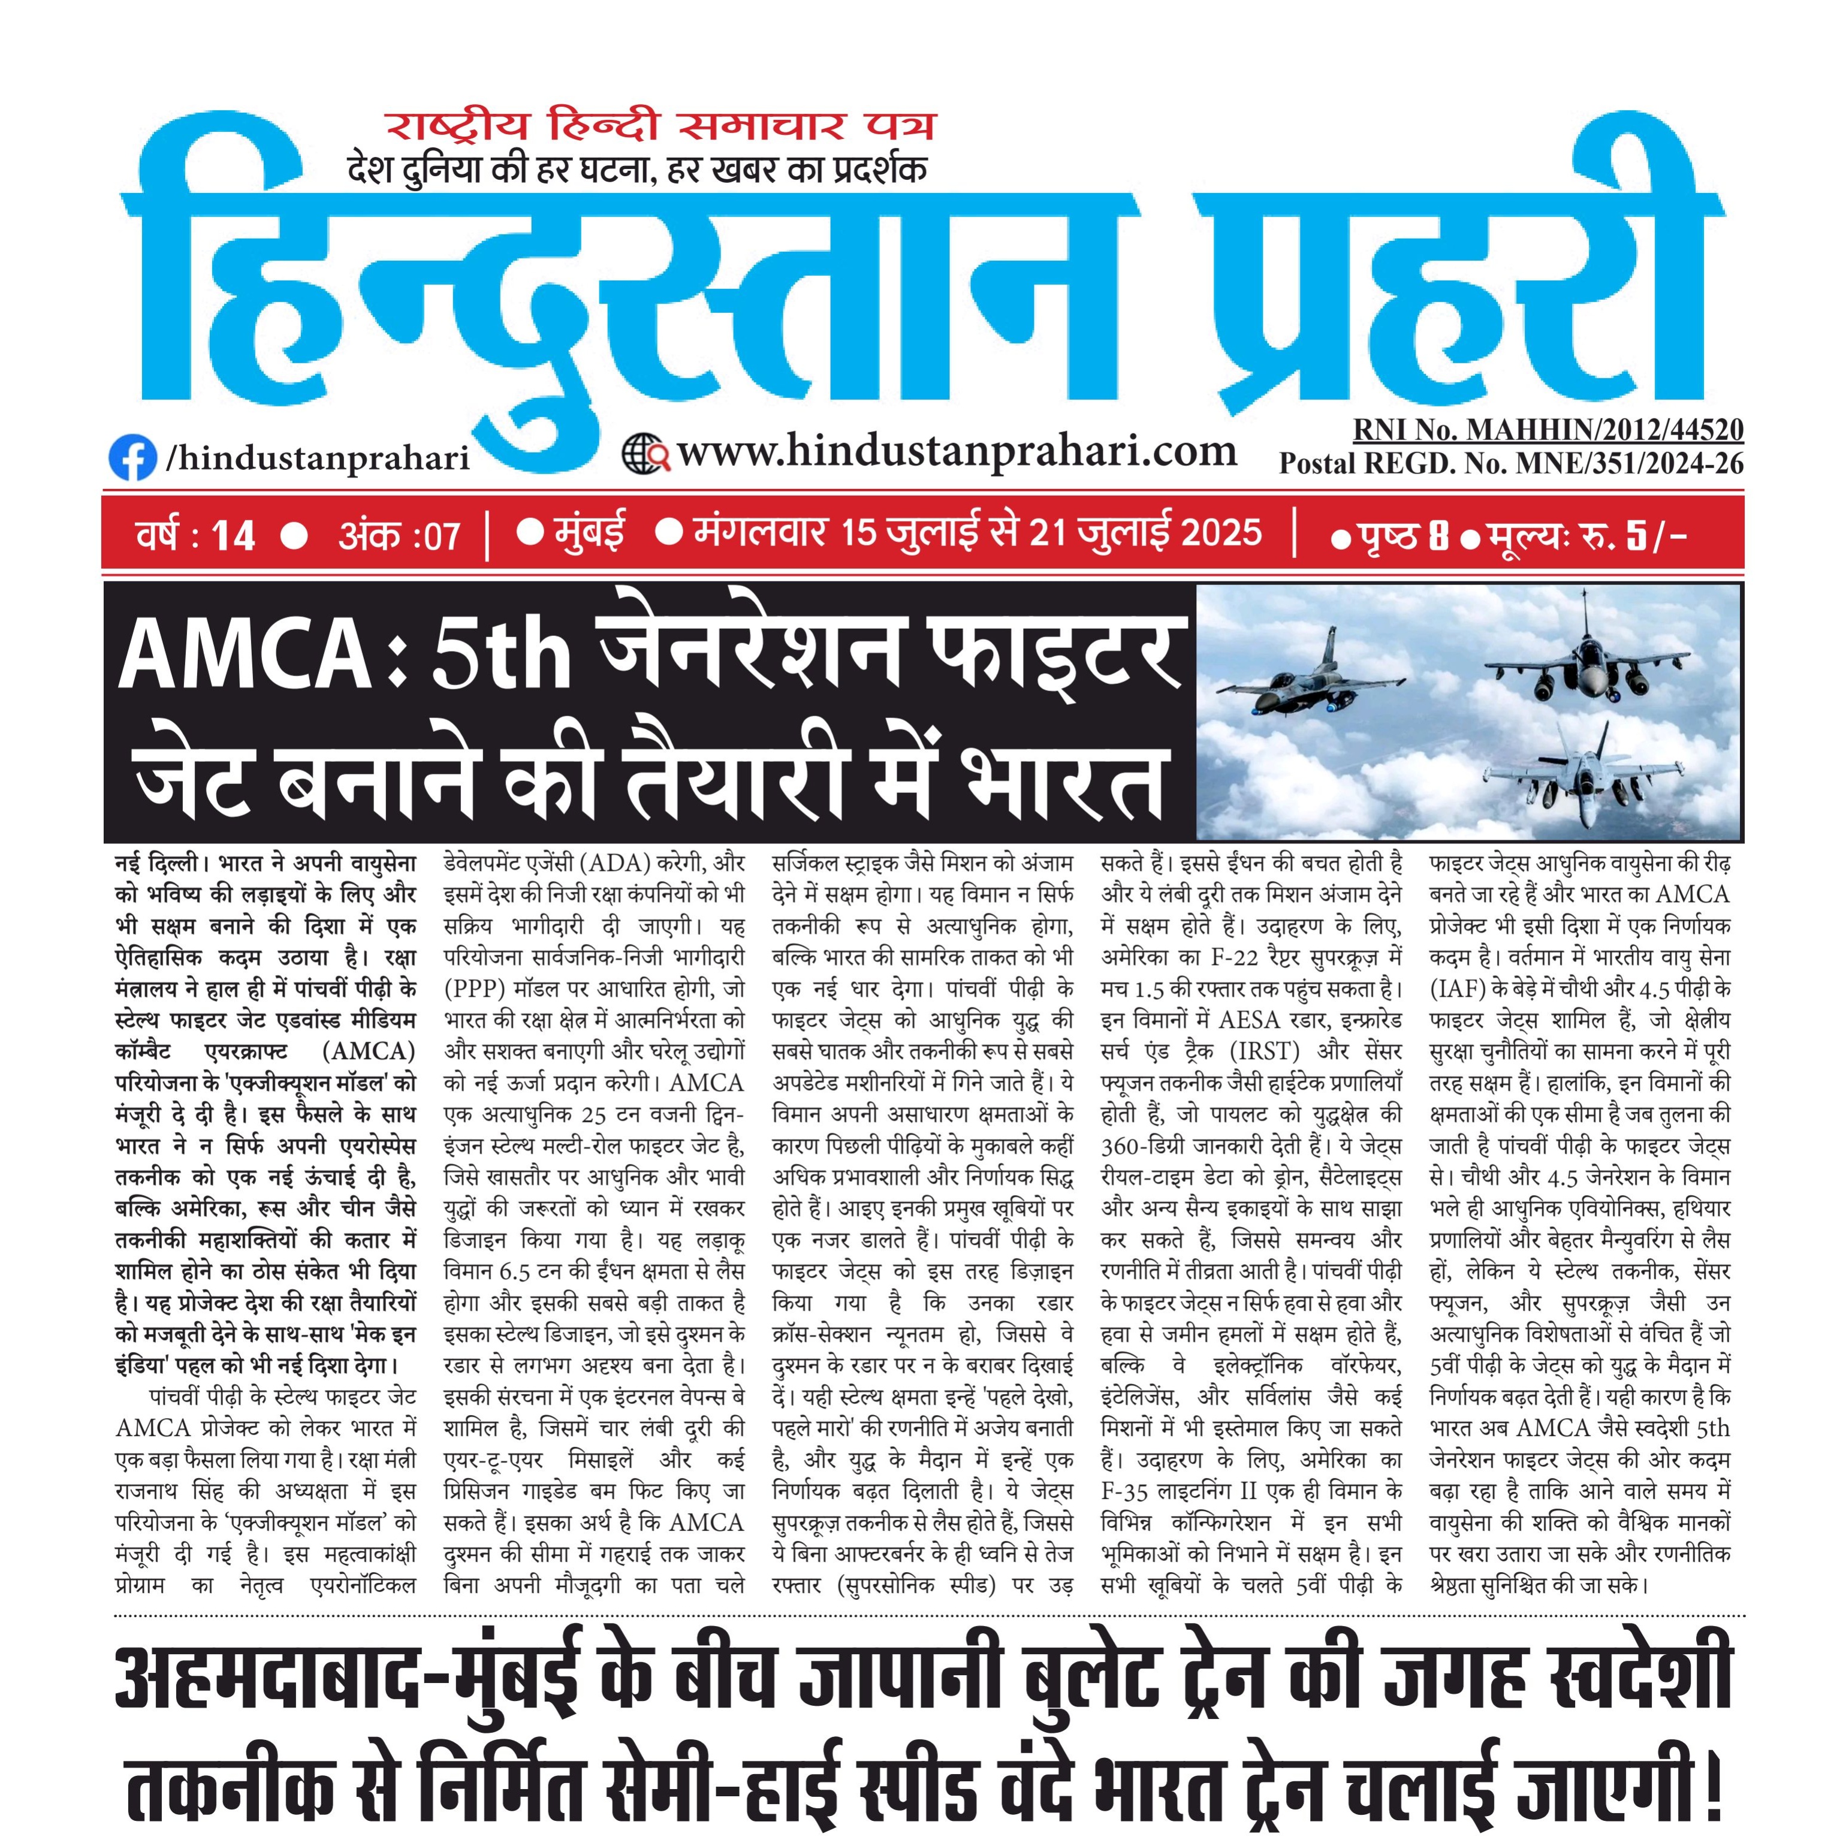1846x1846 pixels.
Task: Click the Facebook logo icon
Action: pyautogui.click(x=132, y=458)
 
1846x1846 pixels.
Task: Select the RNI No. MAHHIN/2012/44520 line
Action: pyautogui.click(x=1548, y=430)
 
